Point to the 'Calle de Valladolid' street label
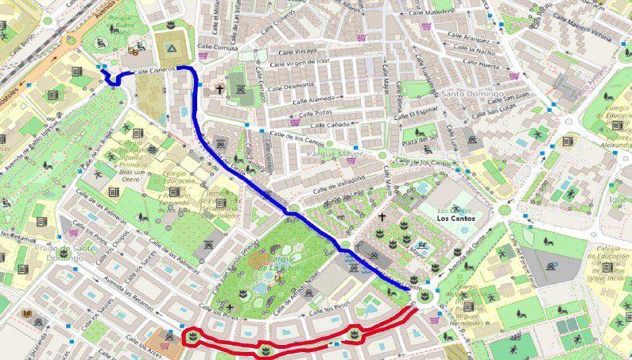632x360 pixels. (339, 184)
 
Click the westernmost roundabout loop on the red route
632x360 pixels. (192, 337)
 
